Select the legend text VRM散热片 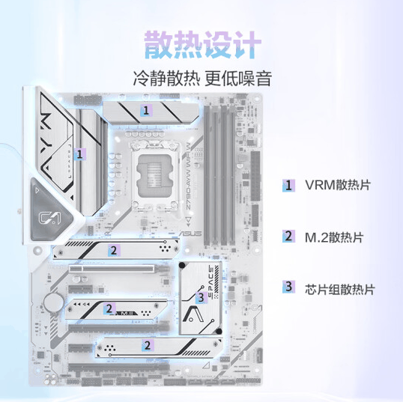pos(337,185)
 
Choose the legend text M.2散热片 pos(333,237)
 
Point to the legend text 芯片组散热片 pos(340,288)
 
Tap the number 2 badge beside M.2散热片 pos(288,237)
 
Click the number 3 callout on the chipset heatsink pos(200,297)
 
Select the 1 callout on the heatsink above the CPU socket pos(147,109)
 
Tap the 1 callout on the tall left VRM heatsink pos(80,154)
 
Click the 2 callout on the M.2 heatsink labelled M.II pos(109,308)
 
